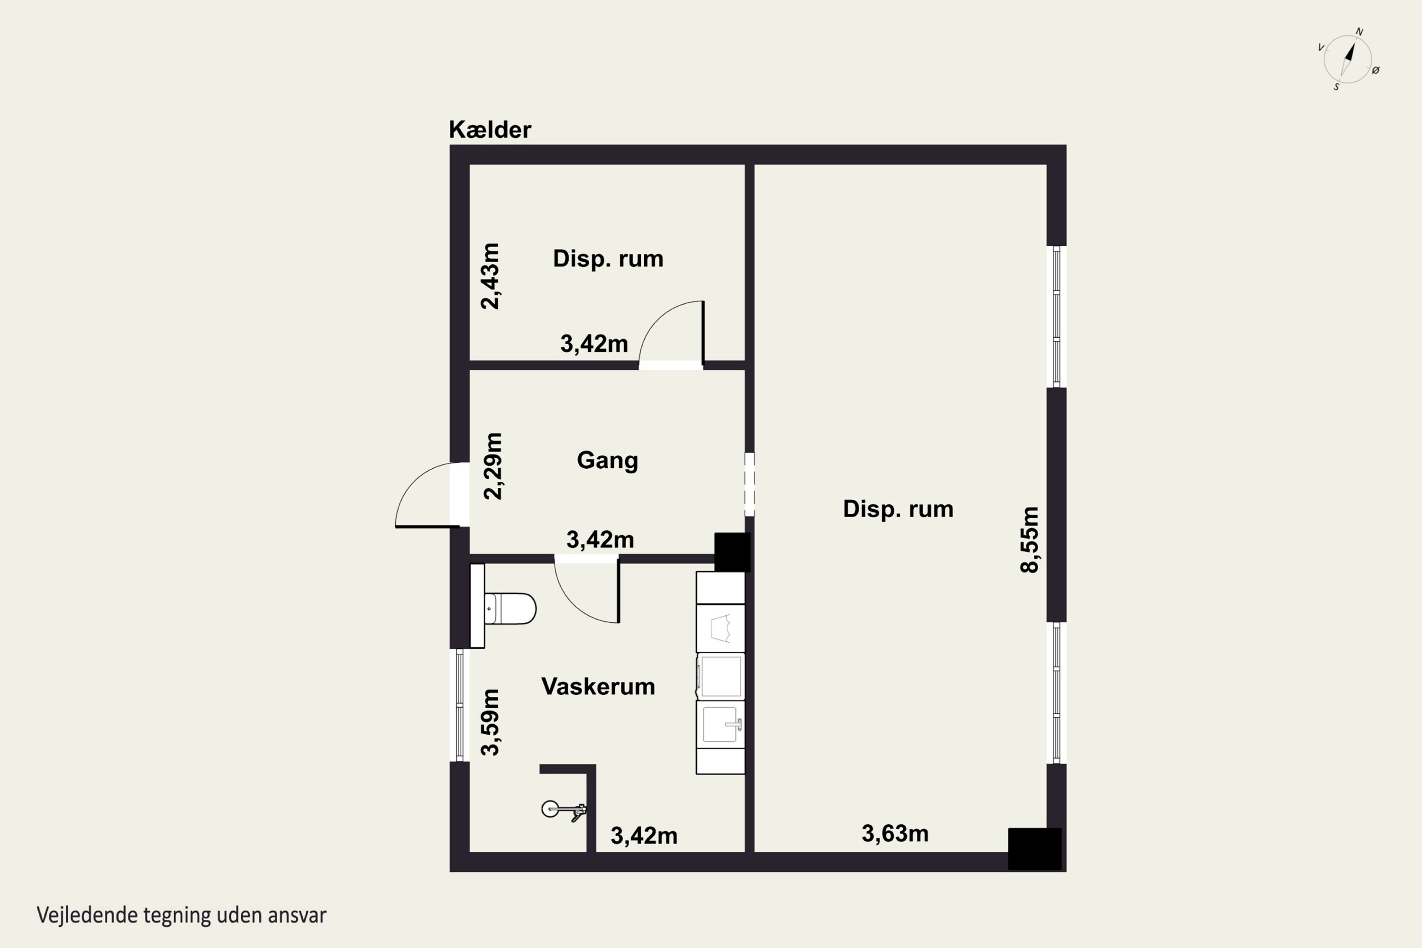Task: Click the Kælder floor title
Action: click(x=490, y=129)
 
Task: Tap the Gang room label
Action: click(x=607, y=461)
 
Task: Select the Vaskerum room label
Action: click(x=598, y=687)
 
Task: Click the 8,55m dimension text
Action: click(x=1029, y=539)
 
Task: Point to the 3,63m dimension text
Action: click(x=895, y=834)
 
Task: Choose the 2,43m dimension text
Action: click(x=490, y=276)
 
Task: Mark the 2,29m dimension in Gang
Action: click(x=493, y=466)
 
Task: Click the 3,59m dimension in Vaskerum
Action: click(x=490, y=722)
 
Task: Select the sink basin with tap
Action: click(x=720, y=724)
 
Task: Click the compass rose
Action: click(x=1348, y=59)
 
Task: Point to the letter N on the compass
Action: click(x=1359, y=31)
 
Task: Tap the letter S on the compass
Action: click(x=1336, y=87)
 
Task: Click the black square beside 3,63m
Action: click(x=1034, y=849)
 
